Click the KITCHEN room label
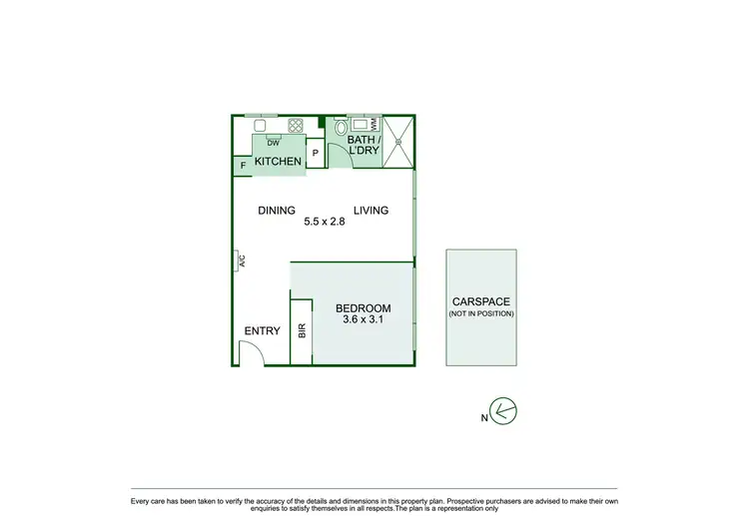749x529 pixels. click(278, 162)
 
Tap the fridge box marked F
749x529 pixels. click(243, 166)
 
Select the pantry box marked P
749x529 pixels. click(316, 153)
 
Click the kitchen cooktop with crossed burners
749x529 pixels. click(296, 126)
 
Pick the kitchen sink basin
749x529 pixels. click(260, 126)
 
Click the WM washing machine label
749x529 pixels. click(374, 124)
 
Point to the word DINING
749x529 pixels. click(277, 211)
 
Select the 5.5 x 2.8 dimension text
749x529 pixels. click(324, 223)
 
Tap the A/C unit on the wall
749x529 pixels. click(240, 262)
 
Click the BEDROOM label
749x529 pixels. click(363, 308)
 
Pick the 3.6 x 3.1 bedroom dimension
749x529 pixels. click(363, 320)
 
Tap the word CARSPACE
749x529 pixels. click(481, 301)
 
